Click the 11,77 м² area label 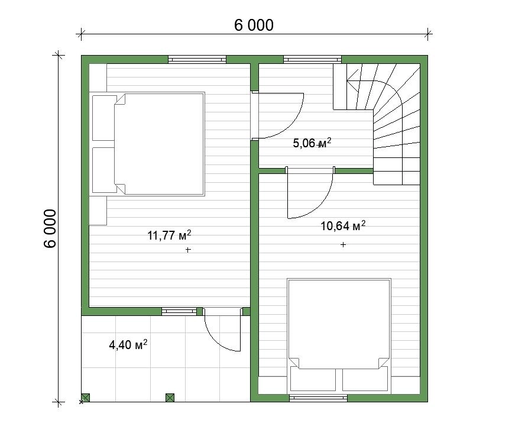coord(169,235)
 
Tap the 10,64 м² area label coord(343,225)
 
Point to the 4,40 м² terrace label coord(128,344)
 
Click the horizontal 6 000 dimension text coord(254,25)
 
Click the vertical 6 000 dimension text coord(50,229)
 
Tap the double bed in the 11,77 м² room coord(148,144)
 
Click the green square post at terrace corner coord(85,398)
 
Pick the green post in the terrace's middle coord(170,398)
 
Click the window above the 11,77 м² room coord(197,60)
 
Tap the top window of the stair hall coord(313,60)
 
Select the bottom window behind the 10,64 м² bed coord(318,398)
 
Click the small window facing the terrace coord(179,311)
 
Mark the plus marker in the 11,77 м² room coord(188,250)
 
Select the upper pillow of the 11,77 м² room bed coord(105,118)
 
